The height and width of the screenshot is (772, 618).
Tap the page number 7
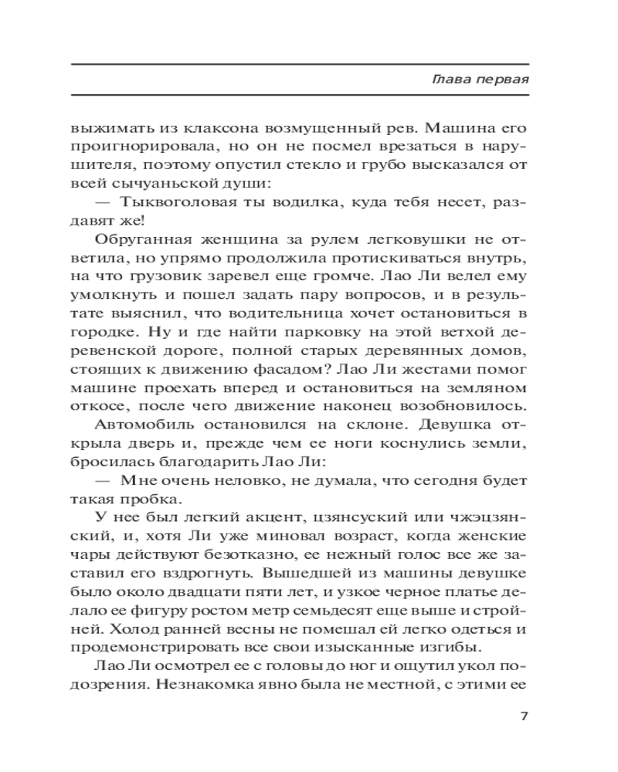coord(525,716)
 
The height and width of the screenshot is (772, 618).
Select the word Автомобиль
coord(144,427)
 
